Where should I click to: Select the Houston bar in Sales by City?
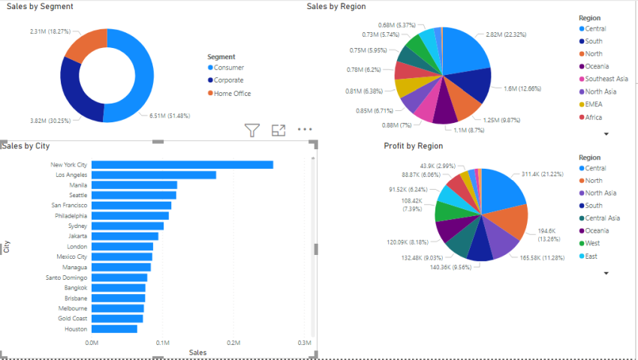click(x=115, y=328)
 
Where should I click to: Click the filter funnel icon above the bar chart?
click(x=253, y=130)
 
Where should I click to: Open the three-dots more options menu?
click(x=304, y=130)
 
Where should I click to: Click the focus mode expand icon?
click(x=278, y=130)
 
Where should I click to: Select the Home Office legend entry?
click(x=232, y=94)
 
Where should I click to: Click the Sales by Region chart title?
click(x=336, y=7)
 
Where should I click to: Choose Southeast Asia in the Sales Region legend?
click(x=606, y=79)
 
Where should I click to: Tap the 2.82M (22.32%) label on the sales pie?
click(x=506, y=34)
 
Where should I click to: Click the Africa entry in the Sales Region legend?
click(x=594, y=117)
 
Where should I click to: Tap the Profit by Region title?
click(x=413, y=145)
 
